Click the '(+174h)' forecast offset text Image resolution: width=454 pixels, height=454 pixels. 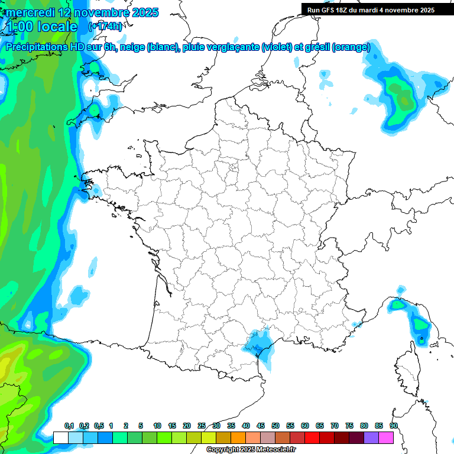(105, 27)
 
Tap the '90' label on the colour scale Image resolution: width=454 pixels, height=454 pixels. (393, 426)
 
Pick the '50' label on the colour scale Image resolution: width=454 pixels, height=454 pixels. (275, 426)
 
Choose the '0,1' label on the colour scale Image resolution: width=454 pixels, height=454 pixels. (69, 426)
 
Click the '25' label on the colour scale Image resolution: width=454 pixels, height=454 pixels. (202, 426)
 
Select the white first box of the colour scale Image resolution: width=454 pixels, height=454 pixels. (60, 437)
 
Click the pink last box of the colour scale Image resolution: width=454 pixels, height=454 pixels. (386, 437)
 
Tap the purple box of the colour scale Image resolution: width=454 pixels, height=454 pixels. (371, 437)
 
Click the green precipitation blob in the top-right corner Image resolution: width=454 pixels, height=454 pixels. (400, 95)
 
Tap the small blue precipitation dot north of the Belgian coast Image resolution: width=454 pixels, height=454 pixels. (323, 75)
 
